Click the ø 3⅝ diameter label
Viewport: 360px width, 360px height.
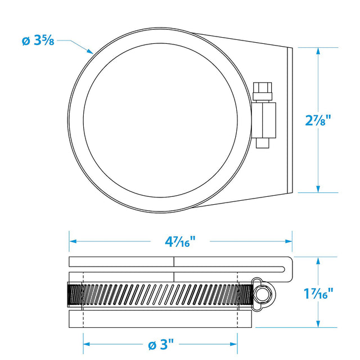pyautogui.click(x=38, y=40)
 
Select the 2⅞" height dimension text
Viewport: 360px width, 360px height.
pyautogui.click(x=318, y=120)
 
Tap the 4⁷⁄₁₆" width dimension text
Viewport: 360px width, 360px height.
pyautogui.click(x=180, y=241)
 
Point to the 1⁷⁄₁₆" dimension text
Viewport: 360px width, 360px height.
pyautogui.click(x=318, y=293)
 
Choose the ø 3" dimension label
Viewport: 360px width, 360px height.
pyautogui.click(x=161, y=345)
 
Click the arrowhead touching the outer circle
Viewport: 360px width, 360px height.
pyautogui.click(x=90, y=51)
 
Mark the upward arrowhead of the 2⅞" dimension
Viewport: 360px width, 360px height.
pyautogui.click(x=318, y=51)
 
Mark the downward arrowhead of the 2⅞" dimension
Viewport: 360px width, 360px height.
pyautogui.click(x=318, y=189)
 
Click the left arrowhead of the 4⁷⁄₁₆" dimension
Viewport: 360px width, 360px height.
pyautogui.click(x=73, y=241)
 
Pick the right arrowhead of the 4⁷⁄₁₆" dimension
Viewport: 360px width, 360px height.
pyautogui.click(x=289, y=241)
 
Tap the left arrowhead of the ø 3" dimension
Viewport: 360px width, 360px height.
pyautogui.click(x=87, y=344)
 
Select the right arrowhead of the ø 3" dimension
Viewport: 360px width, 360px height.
pyautogui.click(x=233, y=344)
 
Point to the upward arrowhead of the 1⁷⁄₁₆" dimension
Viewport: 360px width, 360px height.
pyautogui.click(x=318, y=261)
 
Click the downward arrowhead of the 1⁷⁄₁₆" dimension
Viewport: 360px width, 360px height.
pyautogui.click(x=318, y=323)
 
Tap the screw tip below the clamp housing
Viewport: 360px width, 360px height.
pyautogui.click(x=263, y=143)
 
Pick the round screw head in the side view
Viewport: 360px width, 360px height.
pyautogui.click(x=262, y=294)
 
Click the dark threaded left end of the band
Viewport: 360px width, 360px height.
pyautogui.click(x=75, y=295)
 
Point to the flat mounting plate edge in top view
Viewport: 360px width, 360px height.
pyautogui.click(x=290, y=120)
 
